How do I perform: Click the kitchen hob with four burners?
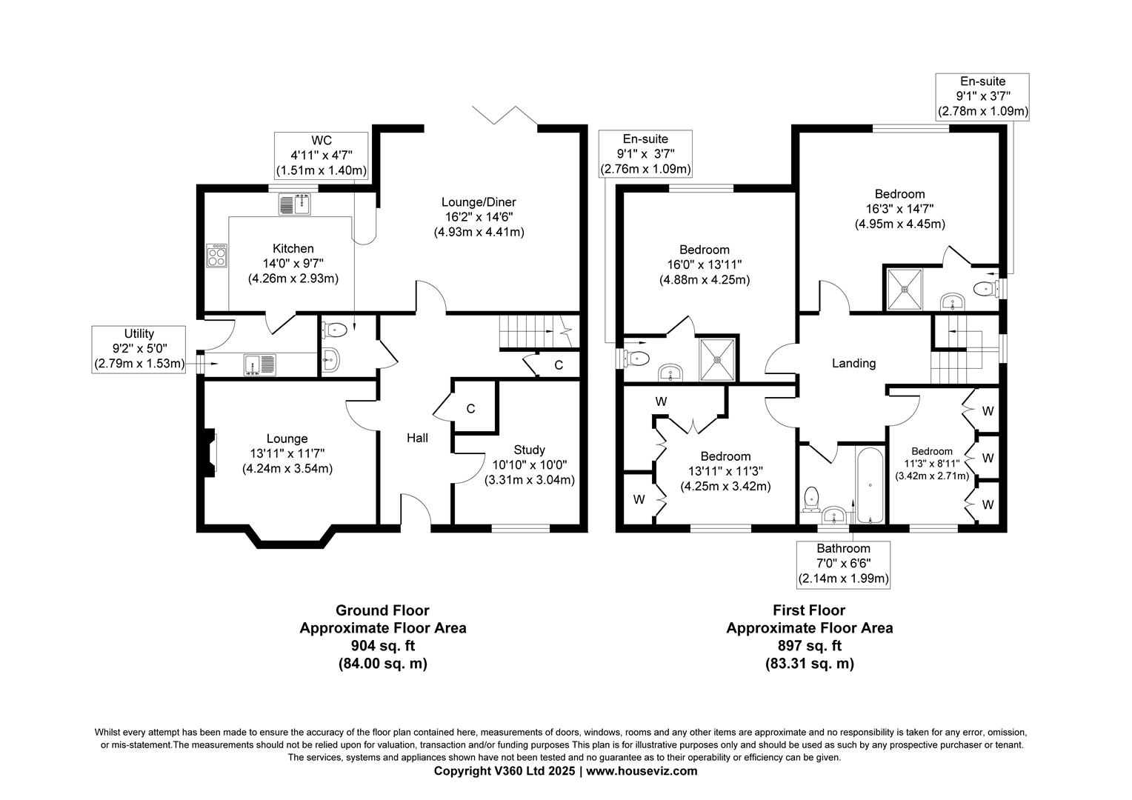(x=217, y=256)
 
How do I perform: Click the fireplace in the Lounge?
(x=210, y=451)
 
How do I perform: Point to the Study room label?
(x=529, y=450)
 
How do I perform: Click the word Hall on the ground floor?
(x=417, y=438)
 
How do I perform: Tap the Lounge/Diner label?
(x=479, y=202)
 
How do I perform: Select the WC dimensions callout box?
(x=321, y=156)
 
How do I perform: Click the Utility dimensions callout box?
(x=139, y=349)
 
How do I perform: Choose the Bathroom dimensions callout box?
(x=843, y=564)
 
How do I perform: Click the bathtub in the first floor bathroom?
(x=870, y=485)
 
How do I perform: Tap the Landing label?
(x=853, y=363)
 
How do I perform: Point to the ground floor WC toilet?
(x=335, y=329)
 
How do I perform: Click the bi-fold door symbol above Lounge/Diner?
(x=507, y=114)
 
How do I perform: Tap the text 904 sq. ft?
(x=382, y=646)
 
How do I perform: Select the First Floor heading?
(x=809, y=610)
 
